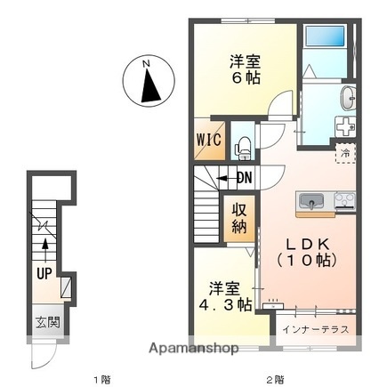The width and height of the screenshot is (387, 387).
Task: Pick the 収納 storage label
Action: [x=241, y=218]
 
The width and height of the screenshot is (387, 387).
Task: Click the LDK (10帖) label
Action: [x=308, y=253]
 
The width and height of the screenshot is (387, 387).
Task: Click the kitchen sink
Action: [x=312, y=202]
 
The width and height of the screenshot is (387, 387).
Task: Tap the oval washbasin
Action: [x=346, y=97]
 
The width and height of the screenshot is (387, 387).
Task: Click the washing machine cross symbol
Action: [x=344, y=128]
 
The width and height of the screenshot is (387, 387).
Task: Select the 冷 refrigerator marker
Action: [x=344, y=154]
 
